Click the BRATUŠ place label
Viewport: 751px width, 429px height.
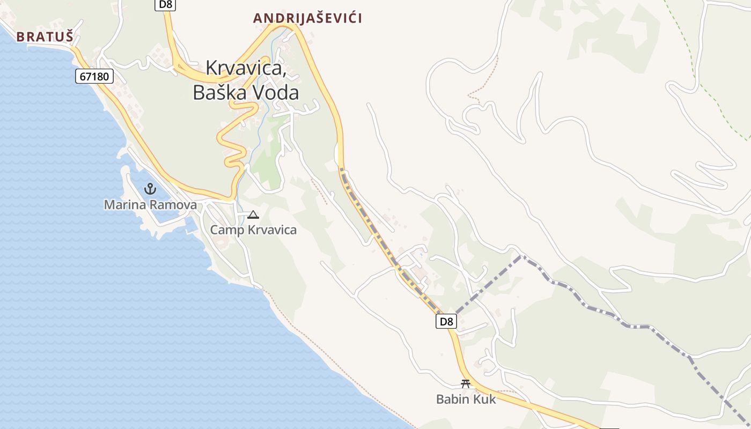pyautogui.click(x=45, y=36)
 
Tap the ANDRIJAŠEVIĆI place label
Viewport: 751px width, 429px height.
pyautogui.click(x=307, y=18)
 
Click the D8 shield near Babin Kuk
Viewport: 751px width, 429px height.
pyautogui.click(x=446, y=322)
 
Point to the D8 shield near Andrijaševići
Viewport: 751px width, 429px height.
pyautogui.click(x=166, y=4)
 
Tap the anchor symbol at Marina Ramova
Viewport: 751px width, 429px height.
pyautogui.click(x=150, y=189)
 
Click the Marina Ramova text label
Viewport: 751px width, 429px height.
pyautogui.click(x=150, y=204)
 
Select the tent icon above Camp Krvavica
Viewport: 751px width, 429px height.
pyautogui.click(x=253, y=216)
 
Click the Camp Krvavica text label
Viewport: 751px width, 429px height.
pyautogui.click(x=253, y=230)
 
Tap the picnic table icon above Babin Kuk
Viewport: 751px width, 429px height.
pyautogui.click(x=466, y=384)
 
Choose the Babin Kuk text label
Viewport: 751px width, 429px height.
pyautogui.click(x=466, y=399)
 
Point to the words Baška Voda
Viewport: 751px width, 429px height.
pyautogui.click(x=246, y=93)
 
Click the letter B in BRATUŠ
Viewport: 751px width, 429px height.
pyautogui.click(x=20, y=36)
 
